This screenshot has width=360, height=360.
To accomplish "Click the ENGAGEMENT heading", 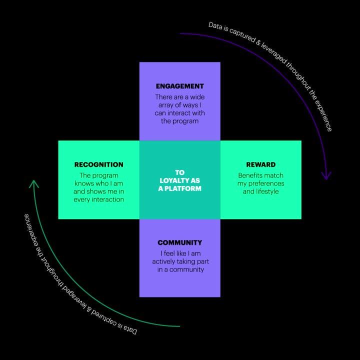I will (x=179, y=86).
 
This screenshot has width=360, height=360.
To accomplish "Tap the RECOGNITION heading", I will (x=98, y=164).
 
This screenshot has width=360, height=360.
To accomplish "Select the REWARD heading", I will (x=260, y=164).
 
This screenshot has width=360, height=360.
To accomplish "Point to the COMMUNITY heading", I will (x=179, y=242).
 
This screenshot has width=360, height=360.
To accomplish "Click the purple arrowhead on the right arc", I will (x=326, y=175).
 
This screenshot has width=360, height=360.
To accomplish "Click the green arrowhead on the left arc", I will (x=34, y=184).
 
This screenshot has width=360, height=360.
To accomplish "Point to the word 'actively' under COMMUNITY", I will (x=165, y=261).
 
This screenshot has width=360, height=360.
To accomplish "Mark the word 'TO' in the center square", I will (x=179, y=172).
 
